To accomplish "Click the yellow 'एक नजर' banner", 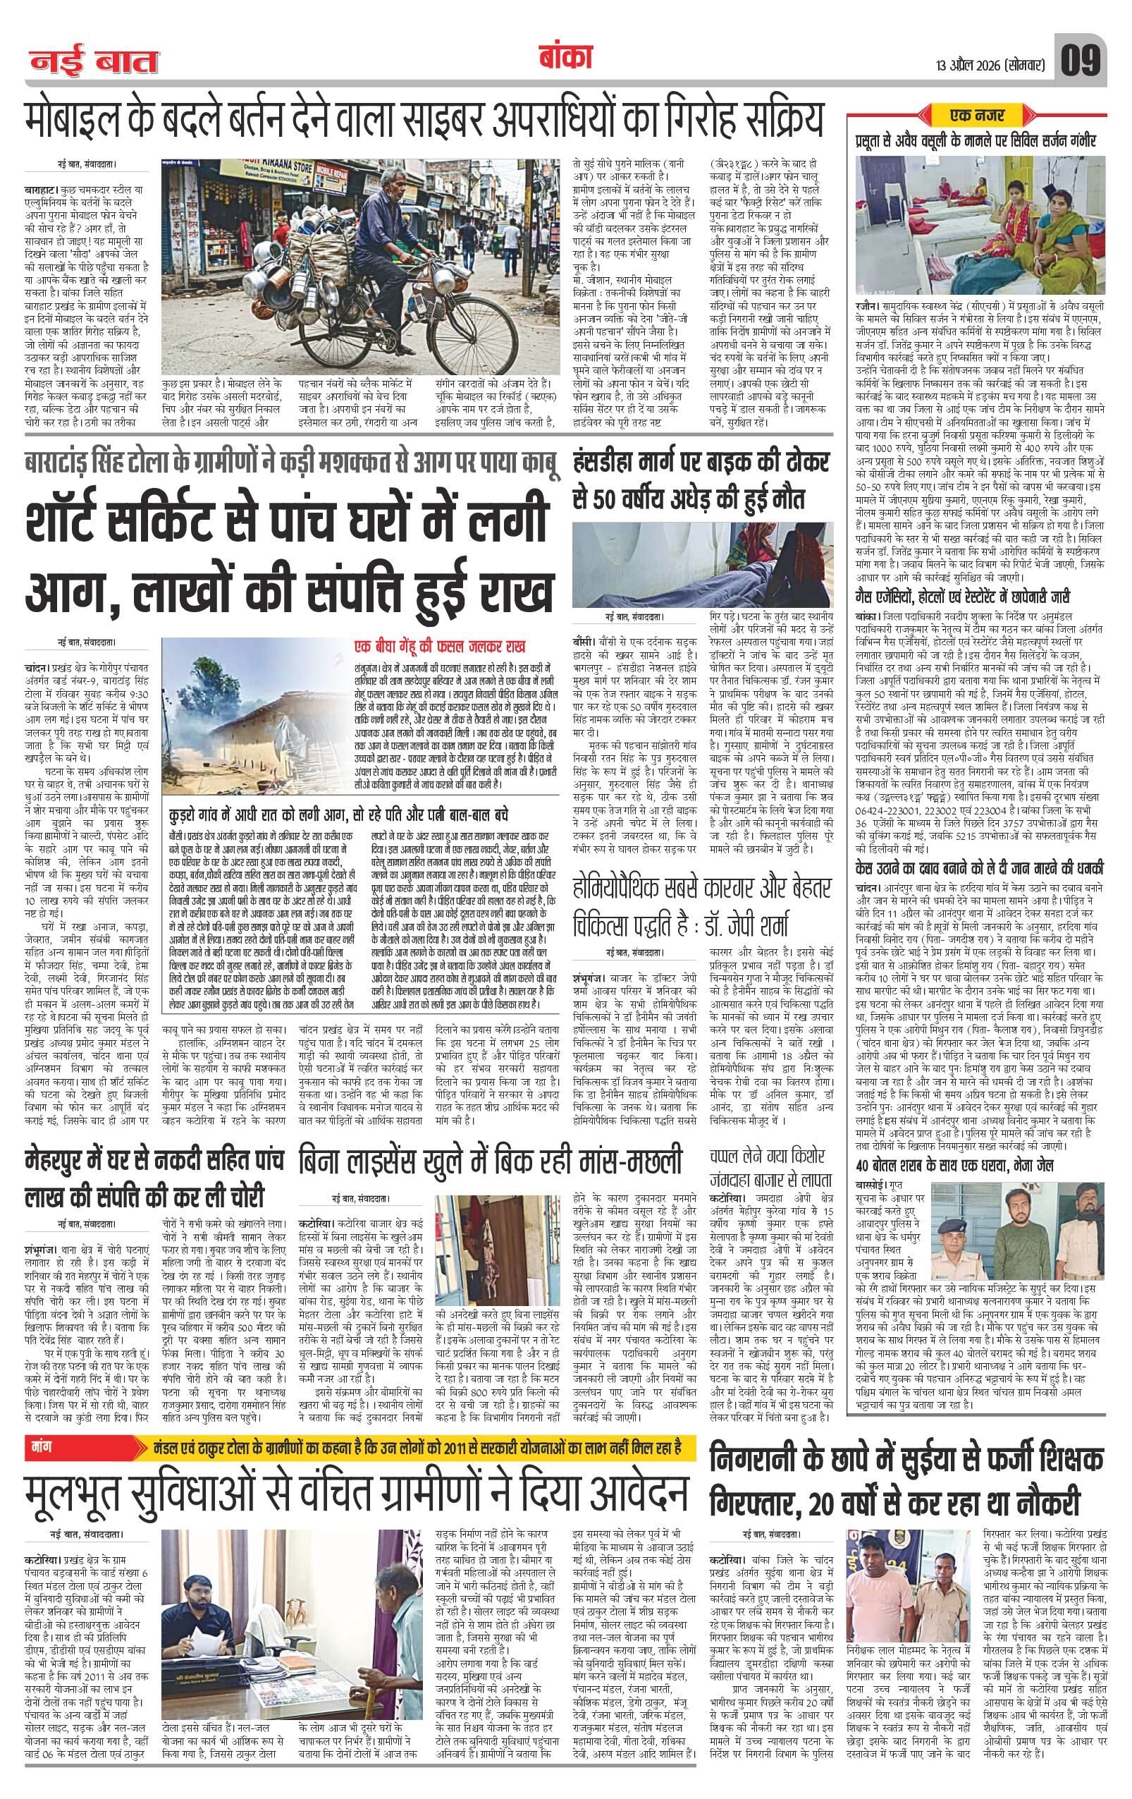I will (x=978, y=115).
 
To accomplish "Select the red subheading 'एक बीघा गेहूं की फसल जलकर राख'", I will (x=443, y=645).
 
